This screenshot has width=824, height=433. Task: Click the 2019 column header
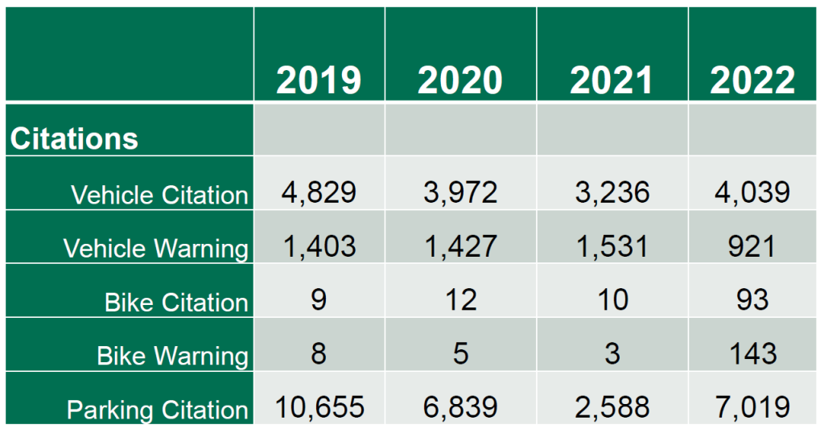click(x=319, y=80)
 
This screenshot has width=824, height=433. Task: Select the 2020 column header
click(x=460, y=80)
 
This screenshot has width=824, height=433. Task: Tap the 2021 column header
click(x=612, y=80)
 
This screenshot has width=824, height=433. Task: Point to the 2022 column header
click(x=752, y=80)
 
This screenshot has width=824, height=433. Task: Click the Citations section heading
click(x=74, y=138)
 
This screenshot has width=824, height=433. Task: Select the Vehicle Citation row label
click(x=159, y=195)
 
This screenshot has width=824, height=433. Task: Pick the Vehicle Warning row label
click(x=156, y=248)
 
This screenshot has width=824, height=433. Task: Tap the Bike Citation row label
click(x=176, y=302)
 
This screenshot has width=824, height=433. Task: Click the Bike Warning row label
click(x=173, y=355)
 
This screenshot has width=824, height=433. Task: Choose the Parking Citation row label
click(x=157, y=410)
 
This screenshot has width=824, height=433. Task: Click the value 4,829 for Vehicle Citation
click(x=319, y=192)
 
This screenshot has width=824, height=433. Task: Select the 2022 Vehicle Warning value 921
click(x=752, y=245)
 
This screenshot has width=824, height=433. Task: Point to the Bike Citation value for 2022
click(x=752, y=299)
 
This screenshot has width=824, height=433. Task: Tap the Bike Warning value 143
click(x=752, y=353)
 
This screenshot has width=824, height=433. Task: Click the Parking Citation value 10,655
click(x=319, y=406)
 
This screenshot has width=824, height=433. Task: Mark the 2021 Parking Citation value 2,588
click(x=612, y=406)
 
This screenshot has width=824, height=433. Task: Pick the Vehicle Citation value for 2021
click(x=612, y=192)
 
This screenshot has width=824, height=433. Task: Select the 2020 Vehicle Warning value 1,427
click(x=460, y=245)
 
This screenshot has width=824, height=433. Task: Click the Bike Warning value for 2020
click(x=460, y=353)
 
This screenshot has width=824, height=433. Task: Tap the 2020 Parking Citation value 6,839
click(x=460, y=406)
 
